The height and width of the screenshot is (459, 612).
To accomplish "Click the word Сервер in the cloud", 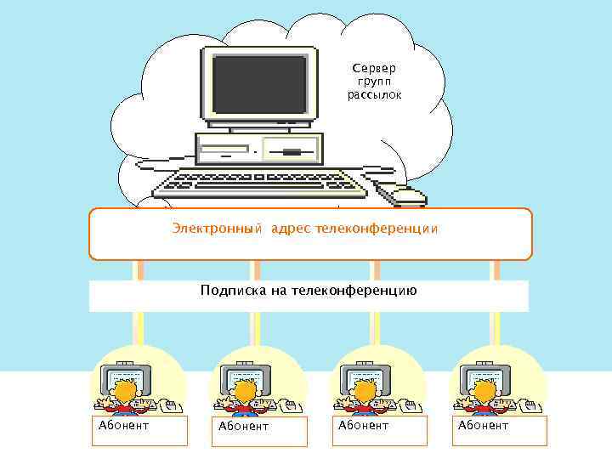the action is [374, 68].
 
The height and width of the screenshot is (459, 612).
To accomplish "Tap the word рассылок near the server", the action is [374, 95].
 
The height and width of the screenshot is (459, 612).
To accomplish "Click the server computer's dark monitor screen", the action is [259, 84].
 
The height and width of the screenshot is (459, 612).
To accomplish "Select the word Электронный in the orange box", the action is [218, 229].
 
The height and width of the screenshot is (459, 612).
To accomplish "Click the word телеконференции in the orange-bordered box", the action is [377, 229].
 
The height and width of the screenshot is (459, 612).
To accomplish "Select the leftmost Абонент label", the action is [124, 425].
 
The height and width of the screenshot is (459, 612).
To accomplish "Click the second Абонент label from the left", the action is [243, 426].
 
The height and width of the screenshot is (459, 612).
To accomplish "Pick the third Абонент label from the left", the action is [363, 425].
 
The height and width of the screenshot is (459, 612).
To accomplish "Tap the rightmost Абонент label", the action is [483, 425].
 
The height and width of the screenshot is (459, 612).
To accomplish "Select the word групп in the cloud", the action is [374, 82].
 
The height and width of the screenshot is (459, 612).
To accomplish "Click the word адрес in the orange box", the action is [291, 229].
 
